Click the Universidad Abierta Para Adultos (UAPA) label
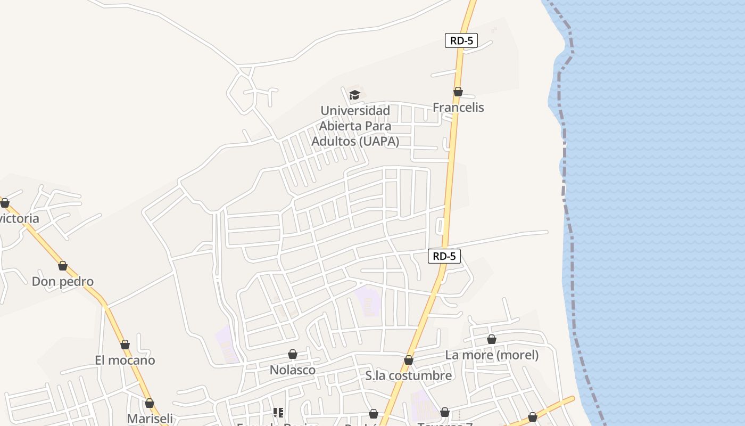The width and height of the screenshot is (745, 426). tap(355, 126)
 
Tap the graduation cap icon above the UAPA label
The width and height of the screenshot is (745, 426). tap(354, 95)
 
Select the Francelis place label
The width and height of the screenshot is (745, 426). tap(458, 108)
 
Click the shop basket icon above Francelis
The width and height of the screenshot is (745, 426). tap(458, 92)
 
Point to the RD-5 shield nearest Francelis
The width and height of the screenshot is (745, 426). tap(461, 40)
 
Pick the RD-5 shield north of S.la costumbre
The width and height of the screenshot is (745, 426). tap(444, 256)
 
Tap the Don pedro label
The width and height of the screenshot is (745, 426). tap(63, 282)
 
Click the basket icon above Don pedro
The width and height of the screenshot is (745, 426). tap(63, 266)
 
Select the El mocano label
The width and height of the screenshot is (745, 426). tap(125, 361)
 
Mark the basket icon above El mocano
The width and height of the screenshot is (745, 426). tap(125, 345)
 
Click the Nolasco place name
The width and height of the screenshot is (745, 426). tap(293, 370)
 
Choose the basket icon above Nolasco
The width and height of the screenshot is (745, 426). tap(293, 354)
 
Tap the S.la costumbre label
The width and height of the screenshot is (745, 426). tap(409, 376)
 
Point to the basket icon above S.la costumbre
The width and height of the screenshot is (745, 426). tap(409, 360)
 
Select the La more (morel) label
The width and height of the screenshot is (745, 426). tap(492, 355)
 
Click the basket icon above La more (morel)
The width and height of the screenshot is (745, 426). tap(492, 339)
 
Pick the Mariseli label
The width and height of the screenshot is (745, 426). tap(150, 419)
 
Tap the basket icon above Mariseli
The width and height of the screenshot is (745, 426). tap(150, 403)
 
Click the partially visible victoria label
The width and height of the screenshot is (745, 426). tap(20, 219)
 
